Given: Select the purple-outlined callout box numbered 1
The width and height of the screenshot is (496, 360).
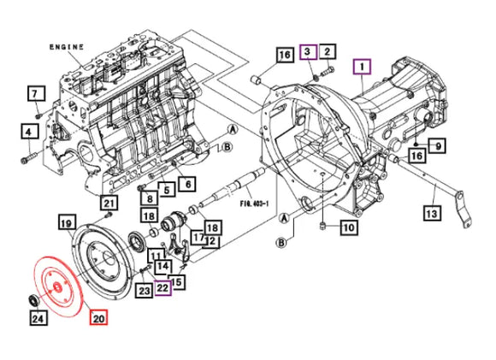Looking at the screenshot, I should (363, 65).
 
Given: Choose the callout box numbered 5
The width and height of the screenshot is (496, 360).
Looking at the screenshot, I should (167, 190).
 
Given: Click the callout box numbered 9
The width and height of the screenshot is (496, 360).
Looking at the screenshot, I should (436, 146).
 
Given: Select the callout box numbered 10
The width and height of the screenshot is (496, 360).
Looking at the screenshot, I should (348, 227).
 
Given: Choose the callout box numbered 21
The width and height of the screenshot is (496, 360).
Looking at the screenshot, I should (108, 203).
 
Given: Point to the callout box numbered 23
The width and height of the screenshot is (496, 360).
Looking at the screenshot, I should (143, 291).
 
